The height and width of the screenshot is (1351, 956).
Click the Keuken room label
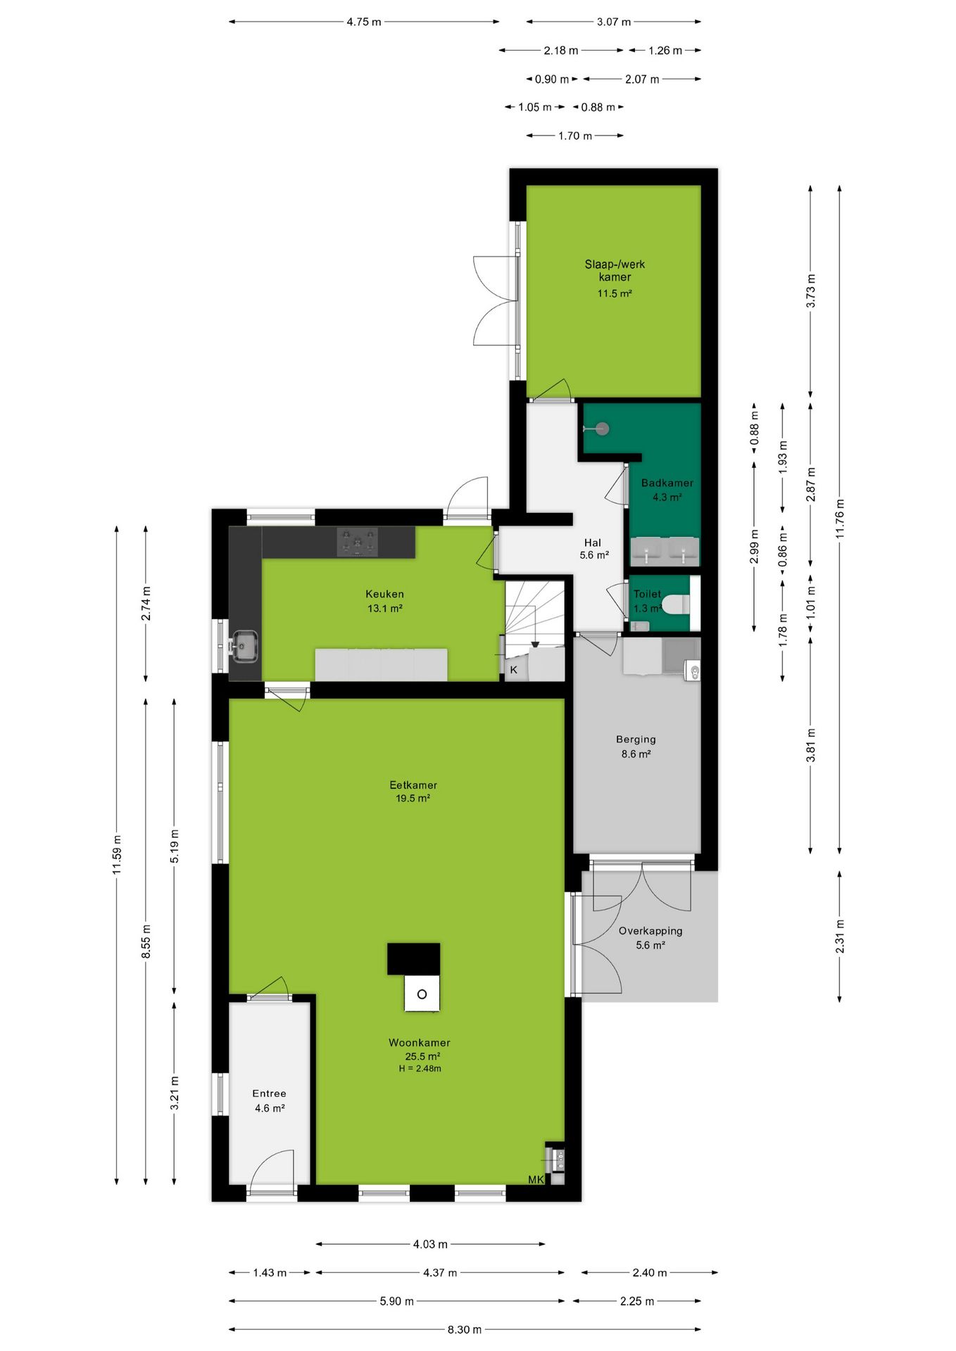coord(384,594)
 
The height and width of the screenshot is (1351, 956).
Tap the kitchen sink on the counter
coord(244,646)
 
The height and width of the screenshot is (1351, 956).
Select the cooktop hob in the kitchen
coord(357,543)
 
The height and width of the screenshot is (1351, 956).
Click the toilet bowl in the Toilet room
coord(676,604)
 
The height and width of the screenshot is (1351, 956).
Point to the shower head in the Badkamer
coord(602,428)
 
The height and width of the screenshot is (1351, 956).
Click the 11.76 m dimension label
coord(840,519)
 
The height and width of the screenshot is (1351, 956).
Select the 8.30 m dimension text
coord(465,1329)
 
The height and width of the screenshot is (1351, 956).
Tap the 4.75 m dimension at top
coord(363,22)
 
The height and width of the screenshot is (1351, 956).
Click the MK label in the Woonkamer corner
coord(536,1179)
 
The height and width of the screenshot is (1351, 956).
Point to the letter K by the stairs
coord(514,669)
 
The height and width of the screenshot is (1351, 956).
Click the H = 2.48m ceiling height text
coord(420,1068)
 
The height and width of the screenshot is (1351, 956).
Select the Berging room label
coord(636,739)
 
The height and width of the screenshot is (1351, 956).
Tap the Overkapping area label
coord(650,930)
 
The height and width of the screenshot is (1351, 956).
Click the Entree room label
coord(269,1093)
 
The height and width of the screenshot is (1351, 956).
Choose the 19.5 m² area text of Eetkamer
coord(413,798)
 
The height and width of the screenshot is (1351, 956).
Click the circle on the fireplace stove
coord(422,994)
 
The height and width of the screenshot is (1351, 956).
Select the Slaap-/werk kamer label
coord(615,270)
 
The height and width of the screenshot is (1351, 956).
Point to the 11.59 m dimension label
coord(117,855)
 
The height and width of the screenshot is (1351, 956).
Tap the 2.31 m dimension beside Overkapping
coord(840,937)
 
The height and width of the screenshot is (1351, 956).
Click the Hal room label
coord(592,543)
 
